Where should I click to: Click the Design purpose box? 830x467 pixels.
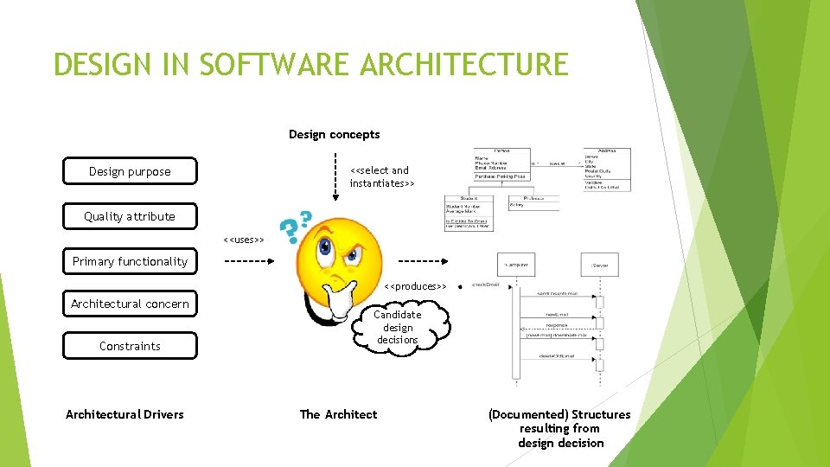pyautogui.click(x=130, y=171)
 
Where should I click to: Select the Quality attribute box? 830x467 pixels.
pyautogui.click(x=130, y=216)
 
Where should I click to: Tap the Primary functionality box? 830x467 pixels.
pyautogui.click(x=130, y=261)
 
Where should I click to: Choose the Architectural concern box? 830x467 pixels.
pyautogui.click(x=130, y=304)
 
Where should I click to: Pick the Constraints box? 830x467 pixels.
pyautogui.click(x=130, y=346)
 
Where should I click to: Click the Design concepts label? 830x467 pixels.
pyautogui.click(x=334, y=134)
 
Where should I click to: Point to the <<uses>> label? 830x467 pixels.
pyautogui.click(x=243, y=239)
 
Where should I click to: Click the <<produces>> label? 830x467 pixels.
pyautogui.click(x=415, y=286)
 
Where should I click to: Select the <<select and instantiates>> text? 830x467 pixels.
pyautogui.click(x=381, y=177)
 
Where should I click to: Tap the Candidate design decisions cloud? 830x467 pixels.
pyautogui.click(x=398, y=327)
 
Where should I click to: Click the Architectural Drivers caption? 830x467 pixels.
pyautogui.click(x=124, y=414)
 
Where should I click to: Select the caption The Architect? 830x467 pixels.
pyautogui.click(x=338, y=414)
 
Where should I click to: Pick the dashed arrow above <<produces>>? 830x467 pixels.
pyautogui.click(x=422, y=260)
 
